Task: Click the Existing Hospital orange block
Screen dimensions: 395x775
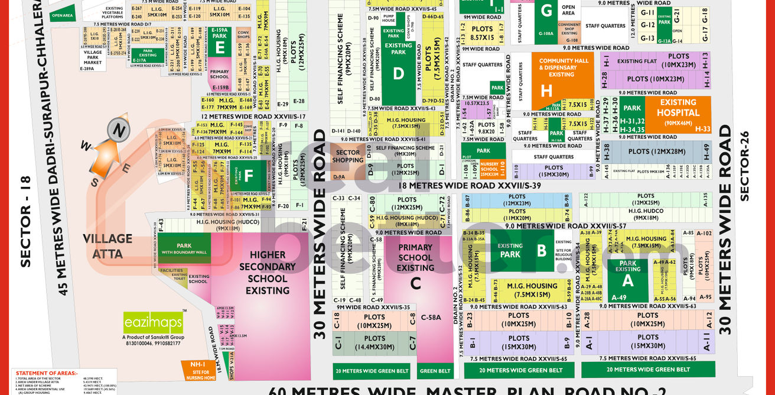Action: point(678,112)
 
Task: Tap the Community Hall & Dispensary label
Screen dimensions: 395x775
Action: point(564,67)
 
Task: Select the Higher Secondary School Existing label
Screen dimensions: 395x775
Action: point(268,273)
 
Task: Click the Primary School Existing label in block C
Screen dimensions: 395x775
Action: point(415,257)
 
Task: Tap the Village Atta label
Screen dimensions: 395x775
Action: point(107,246)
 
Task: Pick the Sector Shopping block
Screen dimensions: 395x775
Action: point(347,157)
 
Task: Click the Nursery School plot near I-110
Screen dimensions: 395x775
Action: point(489,169)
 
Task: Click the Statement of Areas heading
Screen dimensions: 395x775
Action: point(47,373)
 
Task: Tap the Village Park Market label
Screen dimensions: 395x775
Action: point(92,57)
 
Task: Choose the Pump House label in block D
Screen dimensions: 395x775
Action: point(388,18)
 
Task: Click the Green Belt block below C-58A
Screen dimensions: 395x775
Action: point(435,371)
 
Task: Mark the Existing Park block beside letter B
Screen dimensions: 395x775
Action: point(510,250)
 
